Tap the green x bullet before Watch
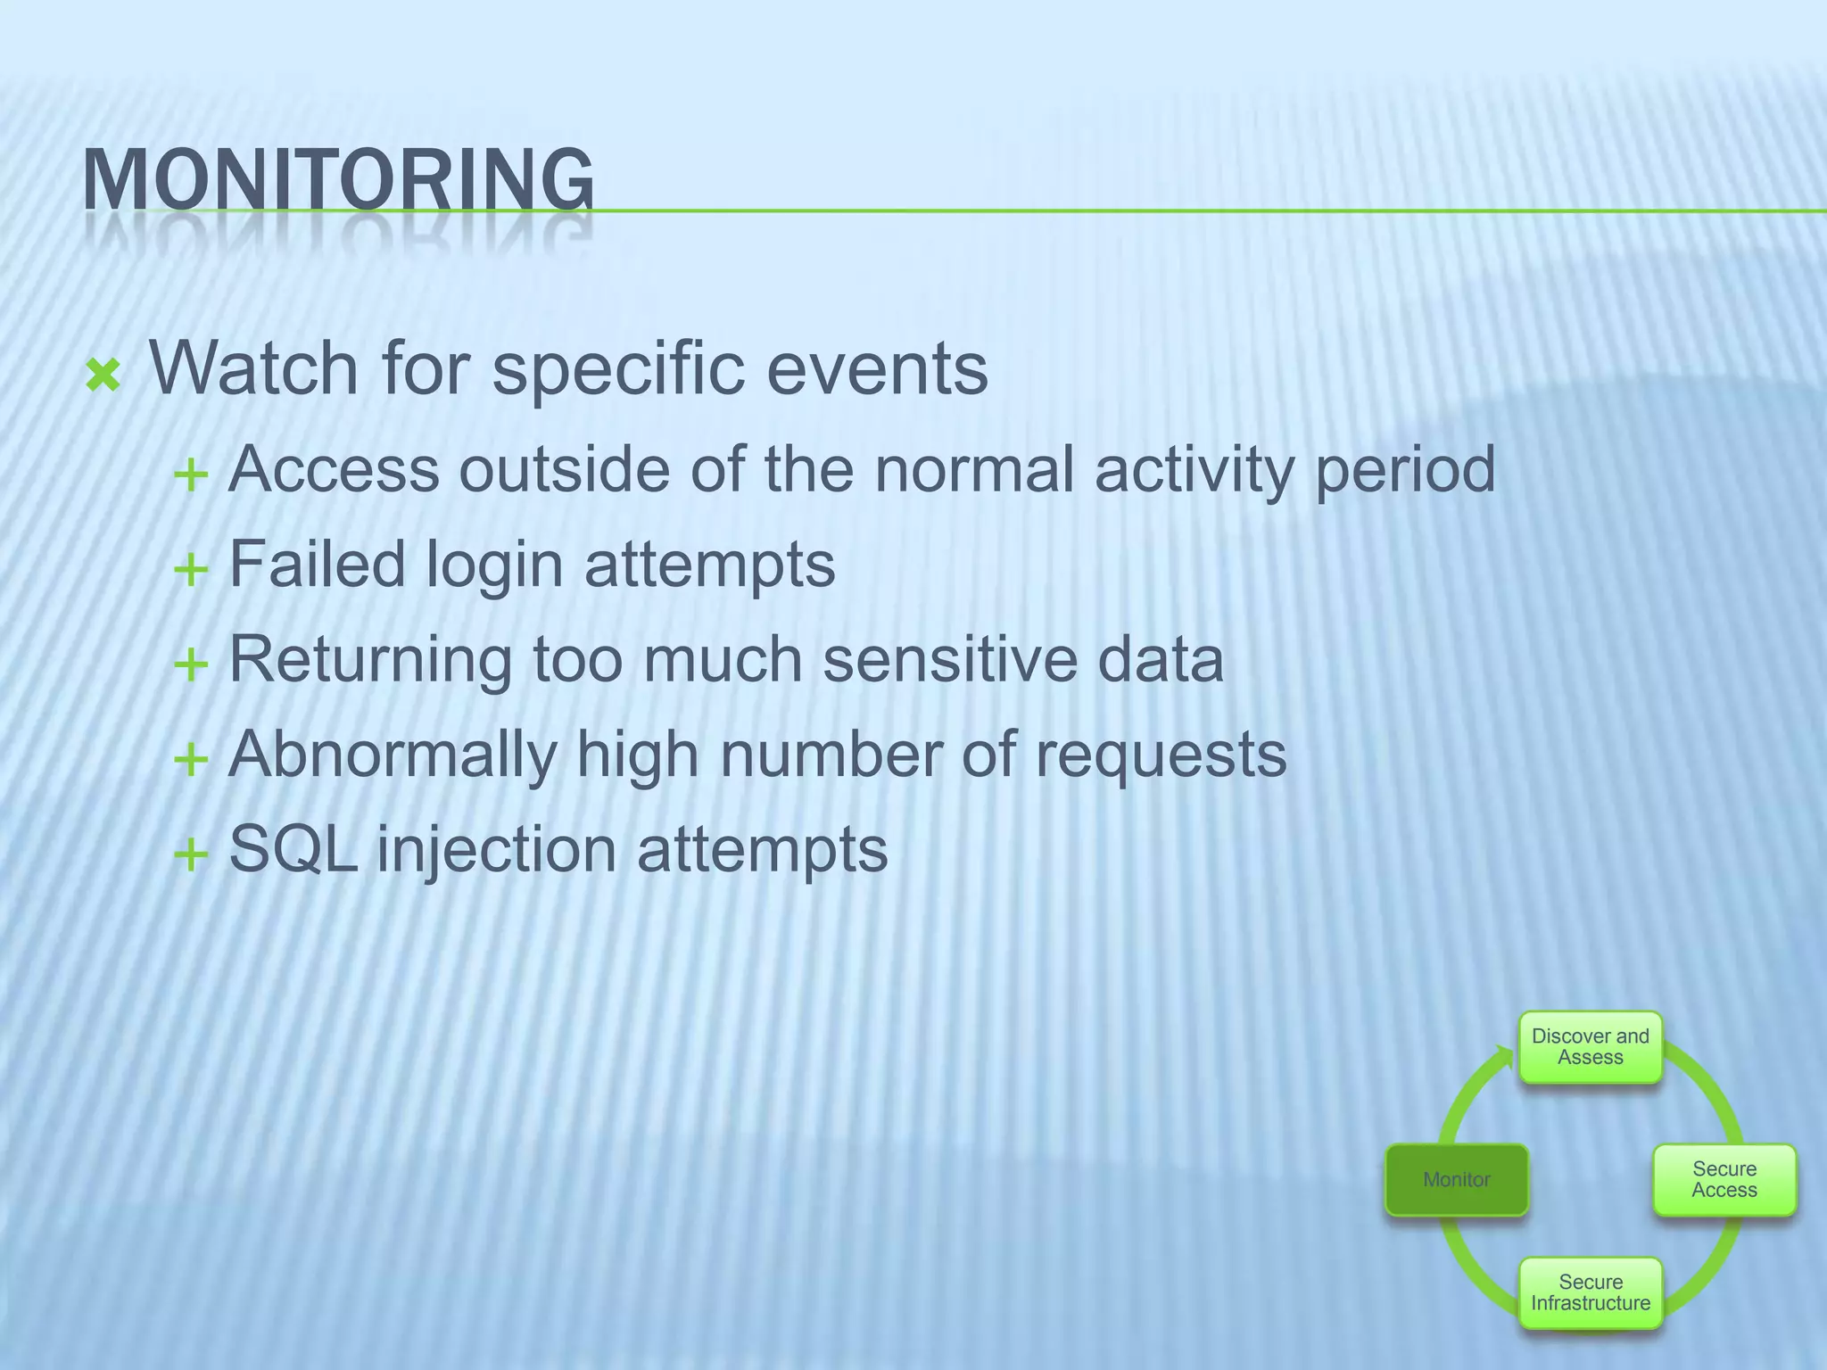(x=103, y=376)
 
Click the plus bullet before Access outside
(x=191, y=475)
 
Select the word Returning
(x=369, y=660)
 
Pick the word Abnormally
(x=393, y=755)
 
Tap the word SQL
(x=293, y=849)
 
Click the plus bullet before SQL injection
(x=191, y=855)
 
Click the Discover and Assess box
(x=1590, y=1047)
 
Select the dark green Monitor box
(x=1456, y=1179)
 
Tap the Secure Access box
(x=1724, y=1179)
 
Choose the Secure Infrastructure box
(x=1590, y=1292)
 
